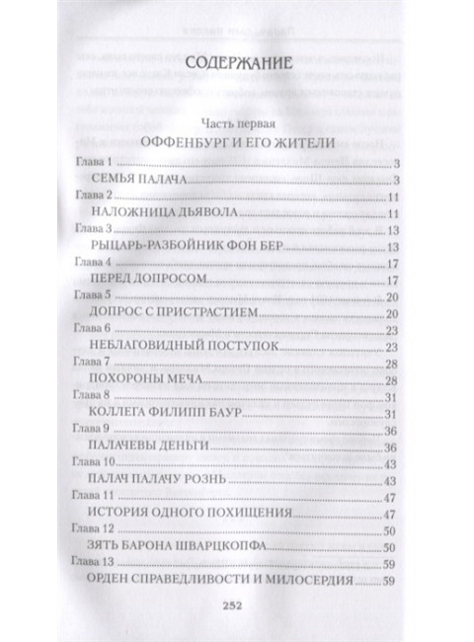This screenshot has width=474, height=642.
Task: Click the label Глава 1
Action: click(95, 161)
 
